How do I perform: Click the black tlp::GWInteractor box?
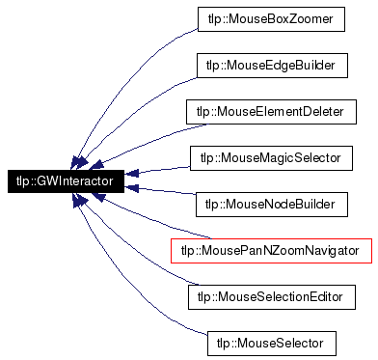pos(65,180)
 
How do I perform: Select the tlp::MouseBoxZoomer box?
pos(270,18)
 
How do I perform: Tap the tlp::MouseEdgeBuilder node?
pos(270,65)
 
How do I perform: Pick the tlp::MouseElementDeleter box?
pos(270,111)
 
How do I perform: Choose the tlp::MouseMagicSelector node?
pos(270,156)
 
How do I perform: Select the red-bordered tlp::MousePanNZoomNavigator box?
pos(270,249)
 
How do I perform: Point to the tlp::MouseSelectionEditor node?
pos(270,295)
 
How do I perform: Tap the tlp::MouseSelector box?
pos(270,342)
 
